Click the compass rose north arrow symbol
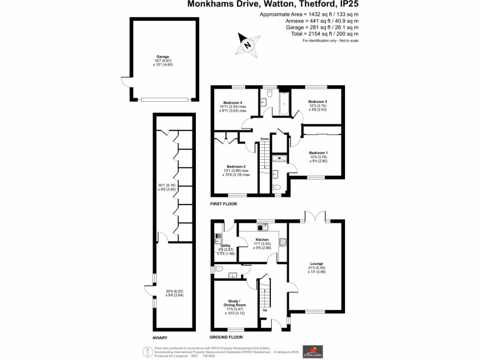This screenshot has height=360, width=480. pyautogui.click(x=248, y=45)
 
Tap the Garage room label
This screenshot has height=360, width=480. pyautogui.click(x=163, y=57)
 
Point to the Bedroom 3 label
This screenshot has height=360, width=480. pyautogui.click(x=317, y=102)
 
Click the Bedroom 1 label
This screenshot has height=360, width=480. pyautogui.click(x=318, y=153)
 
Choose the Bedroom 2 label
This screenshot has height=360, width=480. pyautogui.click(x=236, y=166)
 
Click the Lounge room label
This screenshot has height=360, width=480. pyautogui.click(x=317, y=263)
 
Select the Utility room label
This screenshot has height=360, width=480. pyautogui.click(x=225, y=246)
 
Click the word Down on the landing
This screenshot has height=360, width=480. pyautogui.click(x=265, y=139)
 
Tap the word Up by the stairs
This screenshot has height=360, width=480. pyautogui.click(x=265, y=310)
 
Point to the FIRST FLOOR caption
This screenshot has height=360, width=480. pyautogui.click(x=224, y=204)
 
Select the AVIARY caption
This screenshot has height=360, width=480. pyautogui.click(x=160, y=337)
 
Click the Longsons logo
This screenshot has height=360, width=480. pyautogui.click(x=312, y=351)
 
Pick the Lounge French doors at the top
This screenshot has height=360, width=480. pyautogui.click(x=315, y=217)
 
